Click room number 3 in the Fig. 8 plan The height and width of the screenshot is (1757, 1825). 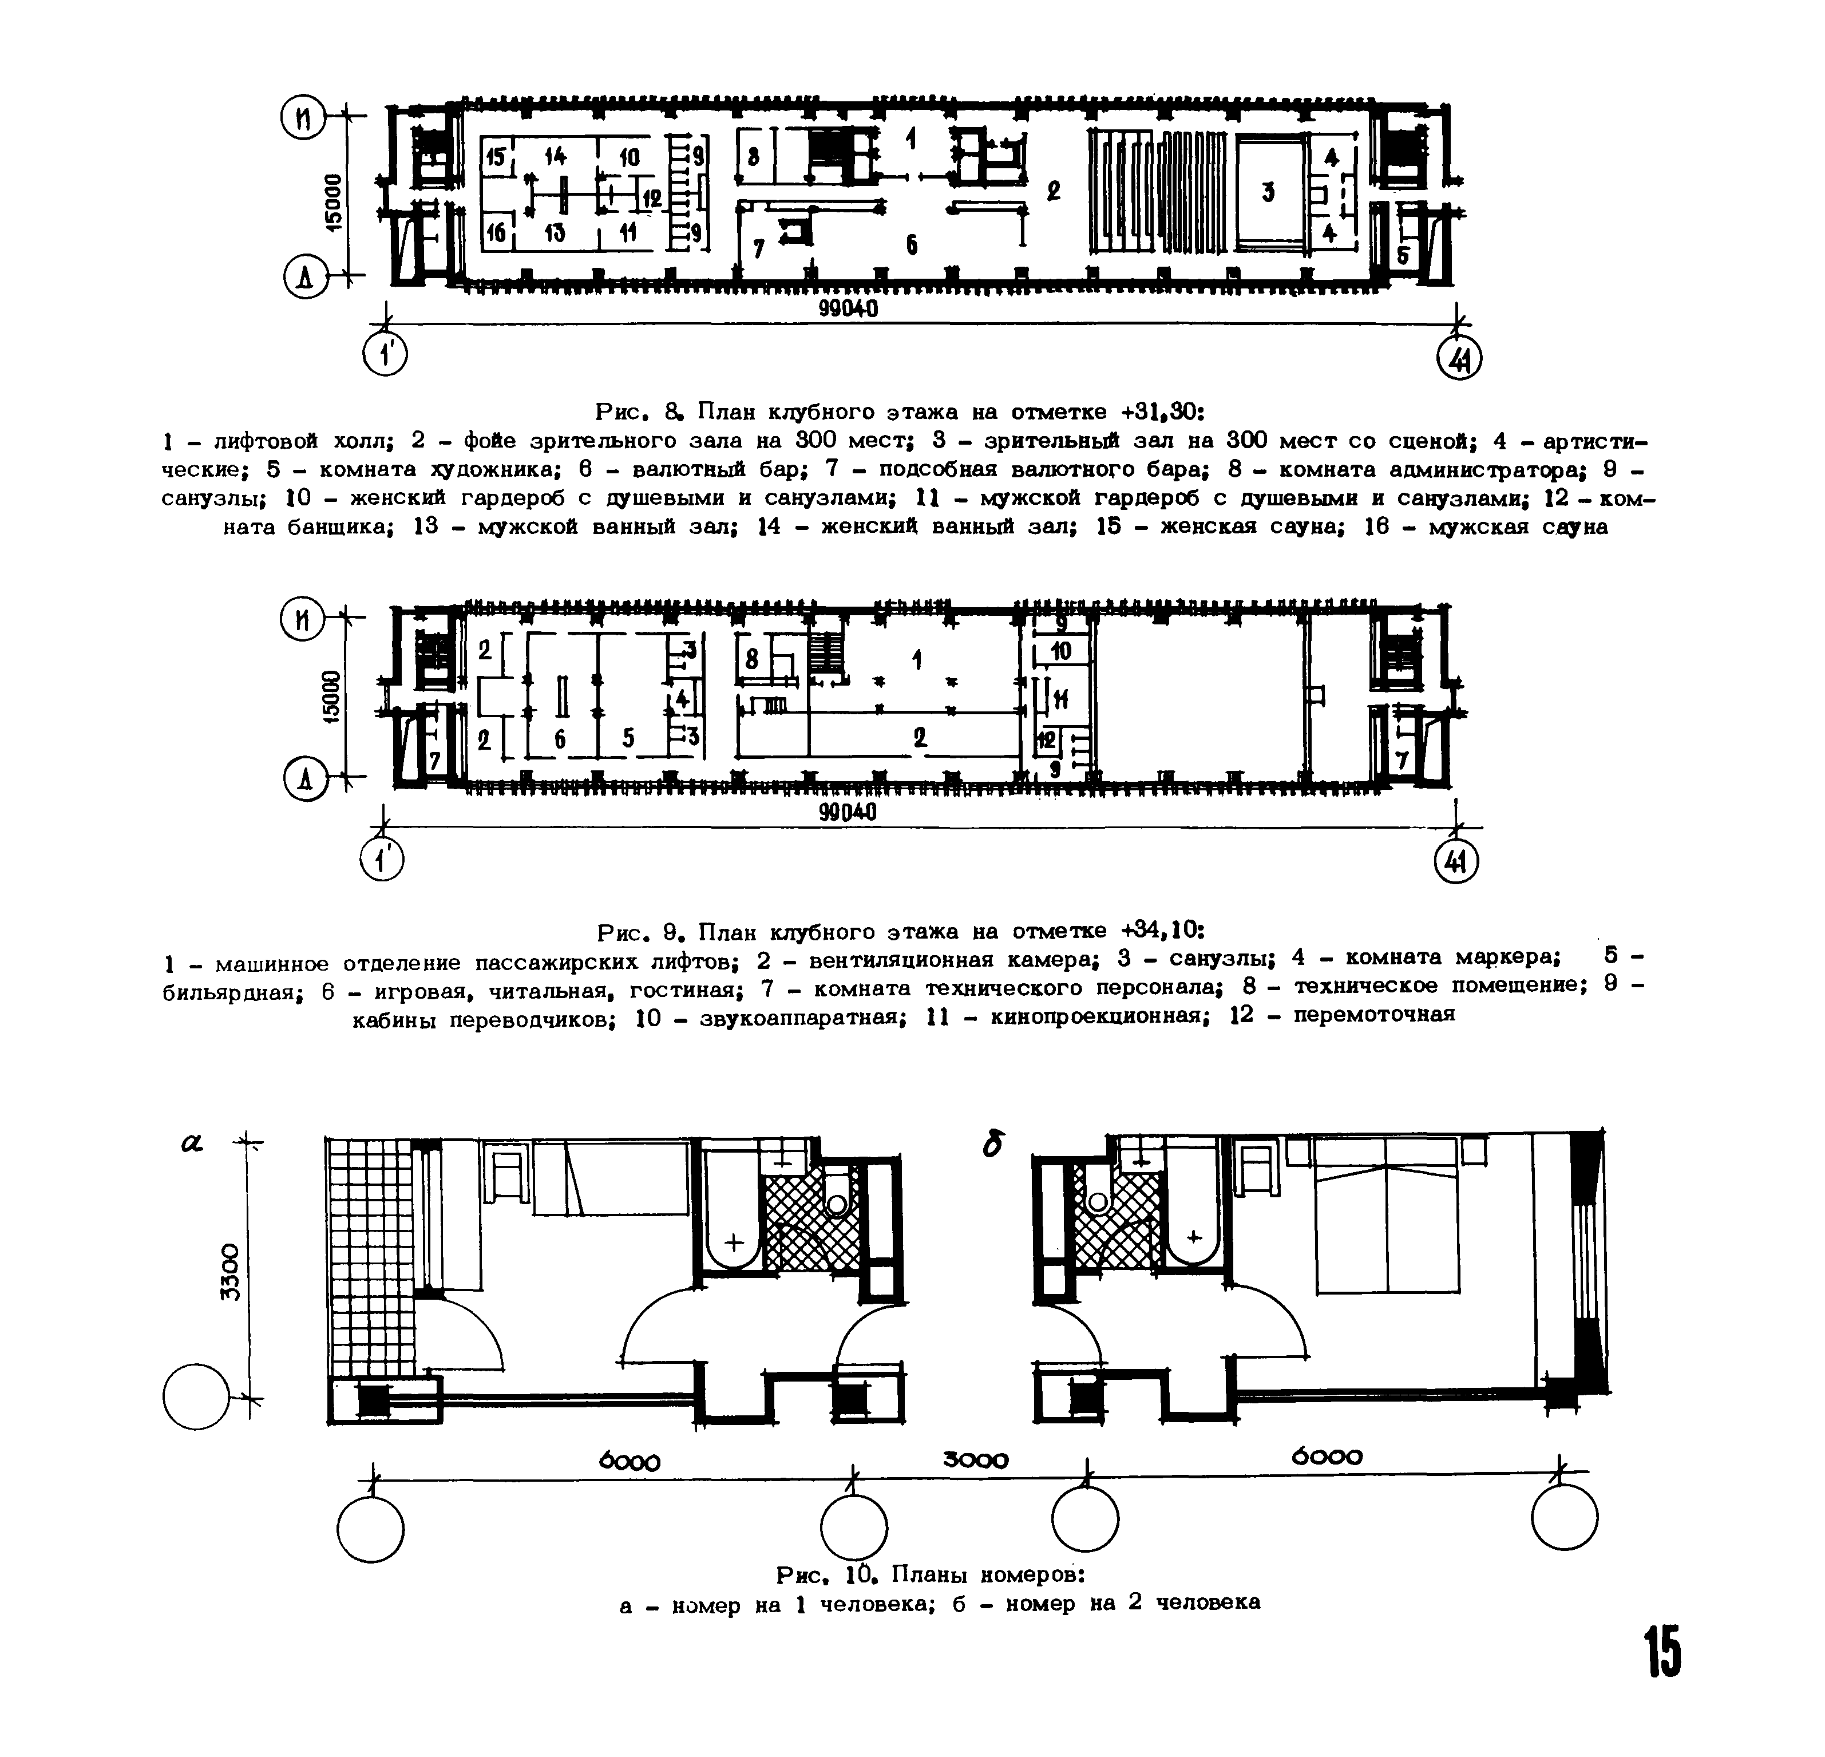point(1267,193)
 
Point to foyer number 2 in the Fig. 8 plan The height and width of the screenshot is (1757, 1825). point(1053,192)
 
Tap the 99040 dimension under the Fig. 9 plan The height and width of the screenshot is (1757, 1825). point(848,813)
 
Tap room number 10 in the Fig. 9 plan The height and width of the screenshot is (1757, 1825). point(1060,652)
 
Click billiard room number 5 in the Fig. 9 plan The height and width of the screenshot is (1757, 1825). point(628,738)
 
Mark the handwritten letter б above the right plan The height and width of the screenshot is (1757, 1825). point(993,1146)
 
